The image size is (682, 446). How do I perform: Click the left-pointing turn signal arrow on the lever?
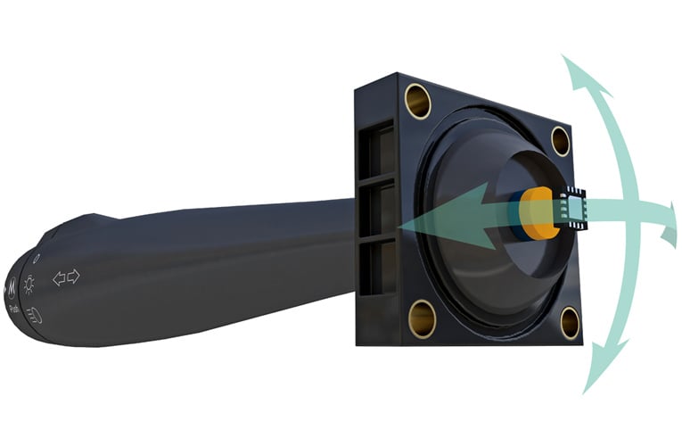[x=59, y=279]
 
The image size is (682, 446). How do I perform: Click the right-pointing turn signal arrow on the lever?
[x=73, y=276]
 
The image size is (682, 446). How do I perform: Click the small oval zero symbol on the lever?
[x=34, y=259]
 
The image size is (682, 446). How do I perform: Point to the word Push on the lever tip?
[x=15, y=308]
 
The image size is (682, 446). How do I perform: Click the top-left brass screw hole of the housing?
[x=417, y=101]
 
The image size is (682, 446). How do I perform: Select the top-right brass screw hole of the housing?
[x=560, y=141]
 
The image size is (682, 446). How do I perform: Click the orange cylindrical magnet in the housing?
[x=540, y=214]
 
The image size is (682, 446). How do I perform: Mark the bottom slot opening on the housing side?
[x=377, y=268]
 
